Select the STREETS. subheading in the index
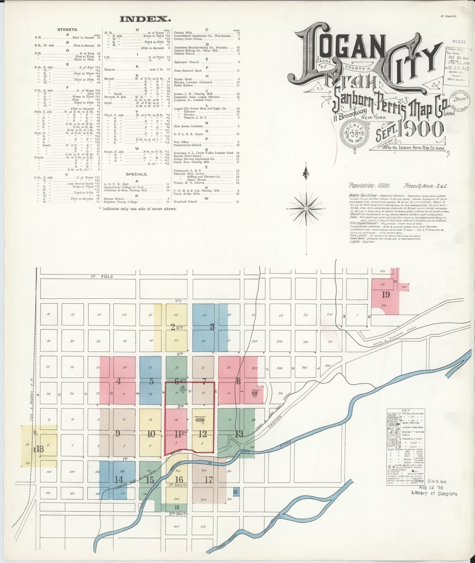point(68,30)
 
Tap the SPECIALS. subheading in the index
point(136,174)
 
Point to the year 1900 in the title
point(420,127)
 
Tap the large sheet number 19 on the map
point(385,295)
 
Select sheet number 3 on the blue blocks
point(212,327)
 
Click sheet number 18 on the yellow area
point(39,449)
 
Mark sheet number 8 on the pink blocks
point(238,380)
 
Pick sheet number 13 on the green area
point(239,434)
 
